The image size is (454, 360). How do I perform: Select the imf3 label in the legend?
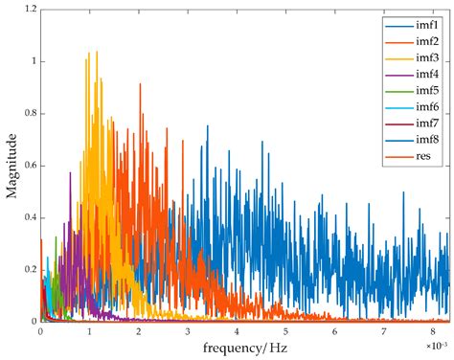pyautogui.click(x=425, y=62)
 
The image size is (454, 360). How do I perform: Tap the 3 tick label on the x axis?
pyautogui.click(x=188, y=332)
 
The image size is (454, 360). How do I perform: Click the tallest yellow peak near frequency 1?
pyautogui.click(x=95, y=53)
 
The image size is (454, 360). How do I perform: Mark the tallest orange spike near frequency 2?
pyautogui.click(x=140, y=85)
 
